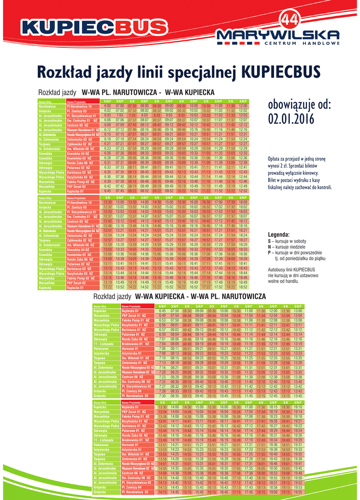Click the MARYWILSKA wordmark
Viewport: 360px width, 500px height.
[278, 35]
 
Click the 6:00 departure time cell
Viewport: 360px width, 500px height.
[107, 106]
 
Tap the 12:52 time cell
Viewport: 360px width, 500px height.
[243, 191]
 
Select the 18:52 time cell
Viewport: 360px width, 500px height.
[243, 287]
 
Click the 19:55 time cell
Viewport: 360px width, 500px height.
[298, 492]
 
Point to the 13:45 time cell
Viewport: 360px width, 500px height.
[298, 396]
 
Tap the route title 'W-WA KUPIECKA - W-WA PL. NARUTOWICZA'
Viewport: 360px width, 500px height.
[200, 296]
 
